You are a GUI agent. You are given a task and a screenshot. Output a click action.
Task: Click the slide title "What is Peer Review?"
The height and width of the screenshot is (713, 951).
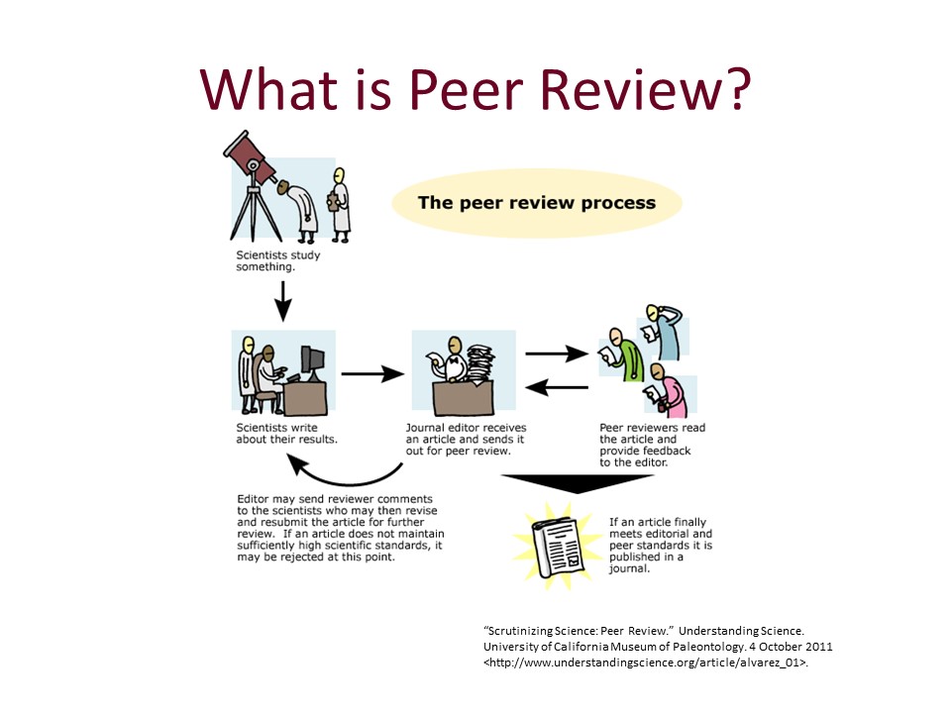coord(475,88)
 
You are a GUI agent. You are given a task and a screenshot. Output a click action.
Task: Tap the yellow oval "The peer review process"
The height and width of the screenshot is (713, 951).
coord(536,203)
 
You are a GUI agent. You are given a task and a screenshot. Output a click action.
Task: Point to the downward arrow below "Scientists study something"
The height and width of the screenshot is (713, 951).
coord(283,300)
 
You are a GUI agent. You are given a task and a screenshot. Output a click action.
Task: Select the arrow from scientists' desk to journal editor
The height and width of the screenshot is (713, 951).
coord(372,374)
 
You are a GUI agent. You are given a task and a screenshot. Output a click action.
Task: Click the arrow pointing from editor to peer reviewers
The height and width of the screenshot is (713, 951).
coord(555,353)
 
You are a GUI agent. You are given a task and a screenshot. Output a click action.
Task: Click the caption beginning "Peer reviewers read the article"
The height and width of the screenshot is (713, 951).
coord(645,445)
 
